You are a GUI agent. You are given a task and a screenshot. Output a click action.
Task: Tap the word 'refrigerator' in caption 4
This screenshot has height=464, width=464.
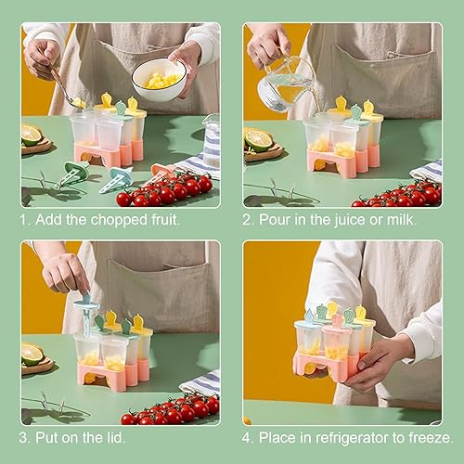click(x=352, y=438)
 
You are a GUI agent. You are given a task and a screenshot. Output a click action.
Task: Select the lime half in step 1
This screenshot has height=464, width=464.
click(x=32, y=135)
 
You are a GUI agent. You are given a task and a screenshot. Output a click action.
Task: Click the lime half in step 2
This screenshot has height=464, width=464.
click(x=258, y=140)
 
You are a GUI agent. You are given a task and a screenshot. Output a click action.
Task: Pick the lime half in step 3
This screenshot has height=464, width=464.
click(x=32, y=354)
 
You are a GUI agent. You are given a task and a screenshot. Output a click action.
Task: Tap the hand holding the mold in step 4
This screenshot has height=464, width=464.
click(x=375, y=362)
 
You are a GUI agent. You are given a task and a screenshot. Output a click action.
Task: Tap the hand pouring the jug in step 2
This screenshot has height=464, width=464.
click(x=268, y=46)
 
